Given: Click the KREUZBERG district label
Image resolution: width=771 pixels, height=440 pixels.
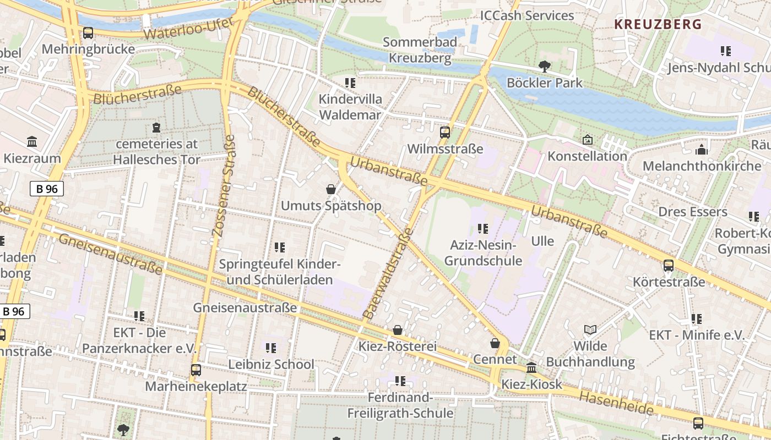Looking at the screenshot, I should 658,24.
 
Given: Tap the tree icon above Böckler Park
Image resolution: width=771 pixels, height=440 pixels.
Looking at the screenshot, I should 544,67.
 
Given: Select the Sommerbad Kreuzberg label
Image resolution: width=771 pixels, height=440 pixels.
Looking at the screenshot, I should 420,50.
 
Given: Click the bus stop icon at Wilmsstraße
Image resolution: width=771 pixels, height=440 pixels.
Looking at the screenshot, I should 444,133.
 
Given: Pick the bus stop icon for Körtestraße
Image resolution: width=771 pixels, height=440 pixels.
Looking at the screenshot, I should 668,266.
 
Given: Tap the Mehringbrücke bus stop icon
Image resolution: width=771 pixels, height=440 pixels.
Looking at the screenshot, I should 88,33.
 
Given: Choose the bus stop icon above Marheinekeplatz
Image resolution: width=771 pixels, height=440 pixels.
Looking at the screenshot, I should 196,370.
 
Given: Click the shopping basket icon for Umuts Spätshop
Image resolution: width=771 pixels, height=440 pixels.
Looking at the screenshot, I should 331,189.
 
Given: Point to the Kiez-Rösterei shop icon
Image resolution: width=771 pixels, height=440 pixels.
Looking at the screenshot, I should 397,330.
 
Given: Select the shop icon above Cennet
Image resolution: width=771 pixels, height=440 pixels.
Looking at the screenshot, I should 495,343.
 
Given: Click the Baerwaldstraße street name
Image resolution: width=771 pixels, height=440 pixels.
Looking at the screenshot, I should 388,274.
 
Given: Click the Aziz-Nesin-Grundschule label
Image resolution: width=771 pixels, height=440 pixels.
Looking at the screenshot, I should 483,253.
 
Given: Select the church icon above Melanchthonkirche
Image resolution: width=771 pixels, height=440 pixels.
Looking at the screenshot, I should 701,150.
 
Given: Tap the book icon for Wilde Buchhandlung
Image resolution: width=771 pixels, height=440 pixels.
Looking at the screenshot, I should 590,329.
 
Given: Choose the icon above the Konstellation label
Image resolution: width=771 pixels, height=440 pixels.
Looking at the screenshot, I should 587,140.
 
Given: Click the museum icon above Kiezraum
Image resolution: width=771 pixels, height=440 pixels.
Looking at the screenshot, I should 32,142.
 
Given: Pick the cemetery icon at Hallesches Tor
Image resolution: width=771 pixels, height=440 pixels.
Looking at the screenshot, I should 156,128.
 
